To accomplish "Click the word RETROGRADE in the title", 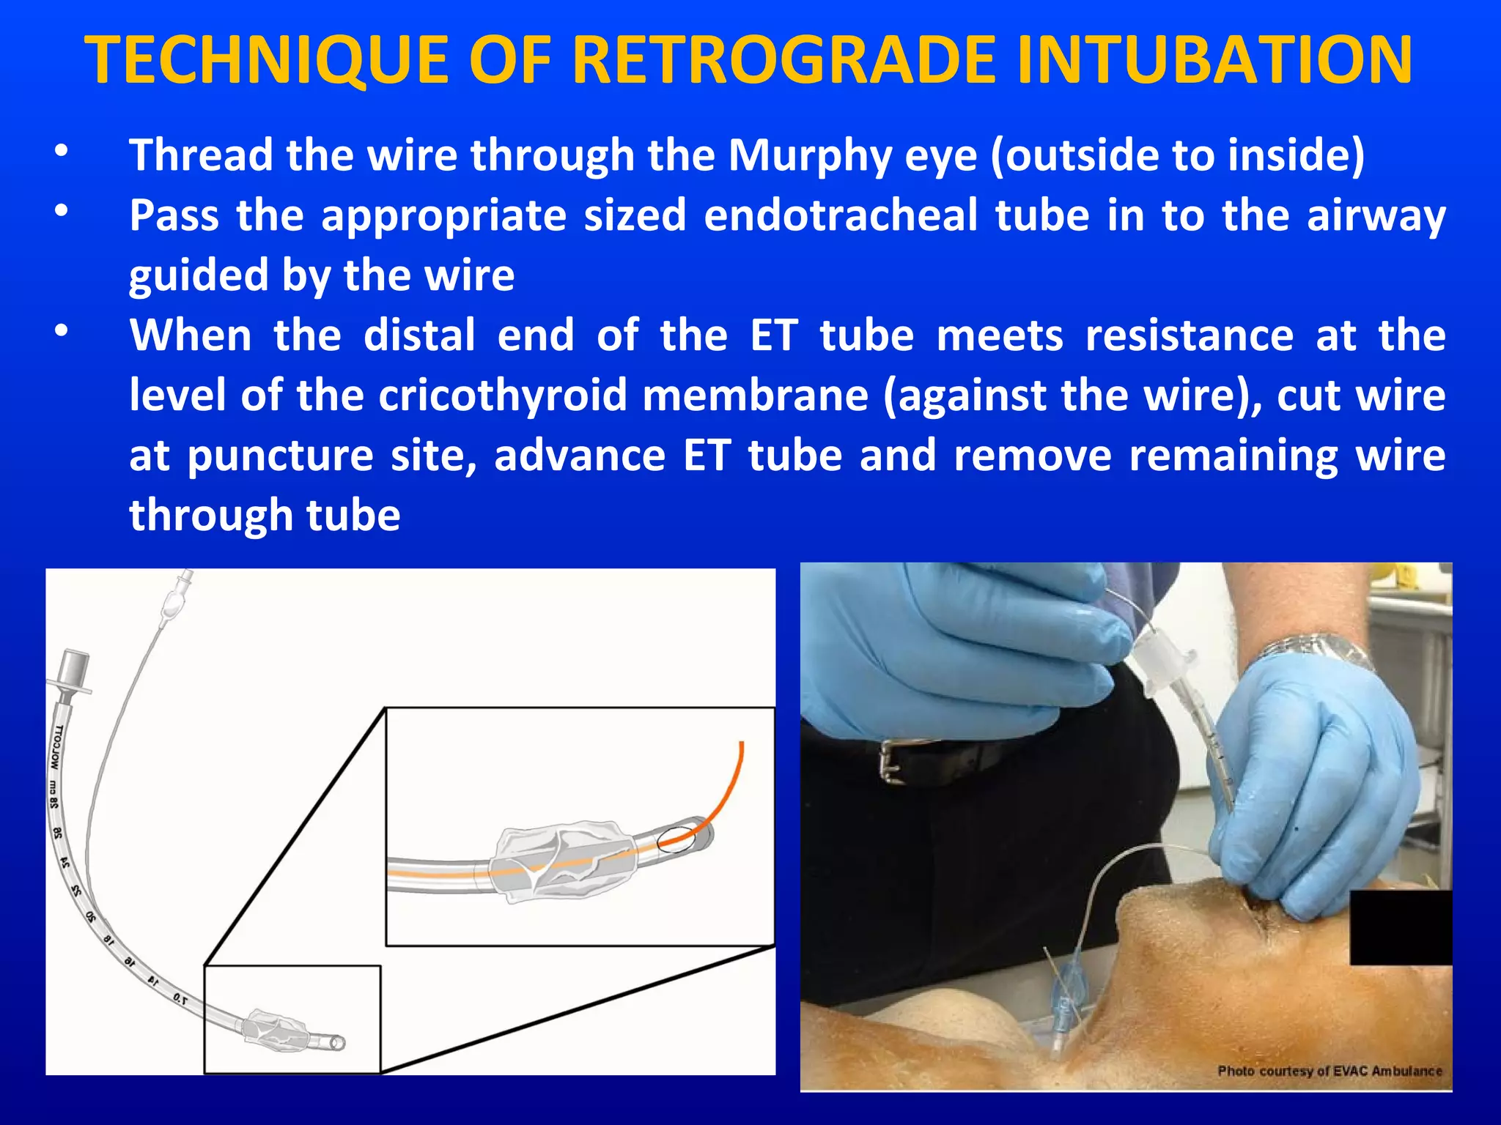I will (x=784, y=60).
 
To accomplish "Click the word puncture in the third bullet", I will (x=281, y=456).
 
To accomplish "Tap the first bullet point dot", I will (x=62, y=152).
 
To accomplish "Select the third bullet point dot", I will (x=62, y=332).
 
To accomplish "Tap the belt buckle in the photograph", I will (x=890, y=762).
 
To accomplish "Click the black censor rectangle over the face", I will (x=1400, y=927).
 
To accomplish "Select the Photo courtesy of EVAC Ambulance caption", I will (x=1329, y=1071).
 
